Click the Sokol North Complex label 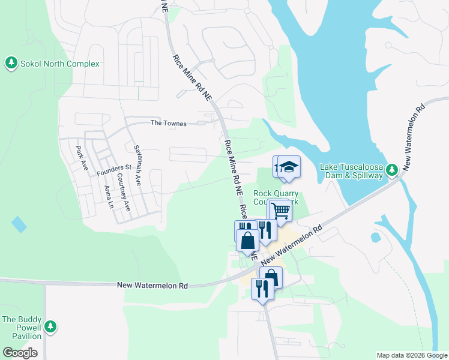59,64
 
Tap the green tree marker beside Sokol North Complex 11,62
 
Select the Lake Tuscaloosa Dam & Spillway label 351,171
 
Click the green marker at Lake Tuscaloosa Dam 392,170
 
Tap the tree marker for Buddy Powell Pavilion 51,326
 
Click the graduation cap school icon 289,167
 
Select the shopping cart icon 280,211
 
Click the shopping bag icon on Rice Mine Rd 248,241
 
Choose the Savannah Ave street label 137,164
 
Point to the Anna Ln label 108,196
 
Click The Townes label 168,124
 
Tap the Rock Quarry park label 276,197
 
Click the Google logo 20,352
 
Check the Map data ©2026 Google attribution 411,355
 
